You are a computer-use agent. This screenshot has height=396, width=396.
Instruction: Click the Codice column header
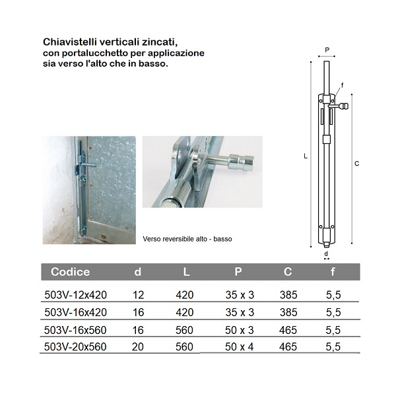tap(71, 272)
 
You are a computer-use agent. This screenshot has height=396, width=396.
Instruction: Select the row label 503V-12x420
tap(75, 294)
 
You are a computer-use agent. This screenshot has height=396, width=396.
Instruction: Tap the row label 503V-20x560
tap(75, 346)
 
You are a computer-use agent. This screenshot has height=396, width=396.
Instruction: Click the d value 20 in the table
tap(137, 346)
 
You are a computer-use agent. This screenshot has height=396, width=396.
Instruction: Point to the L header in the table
tap(186, 272)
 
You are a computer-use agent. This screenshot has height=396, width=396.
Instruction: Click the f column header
tap(332, 272)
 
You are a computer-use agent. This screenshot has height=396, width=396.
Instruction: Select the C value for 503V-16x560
tap(288, 329)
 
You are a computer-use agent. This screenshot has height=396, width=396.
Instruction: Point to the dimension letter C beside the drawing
tap(356, 163)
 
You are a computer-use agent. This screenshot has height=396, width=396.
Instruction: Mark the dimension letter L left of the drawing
tap(305, 156)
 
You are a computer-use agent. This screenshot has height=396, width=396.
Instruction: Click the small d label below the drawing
tap(326, 253)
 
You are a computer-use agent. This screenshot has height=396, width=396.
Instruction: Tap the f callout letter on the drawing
tap(342, 86)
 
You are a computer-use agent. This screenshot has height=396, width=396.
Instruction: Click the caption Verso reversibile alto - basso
tap(187, 238)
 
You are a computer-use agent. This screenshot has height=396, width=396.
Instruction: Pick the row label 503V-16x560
tap(75, 329)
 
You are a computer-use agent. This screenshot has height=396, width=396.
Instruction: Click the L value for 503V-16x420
tap(185, 312)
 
